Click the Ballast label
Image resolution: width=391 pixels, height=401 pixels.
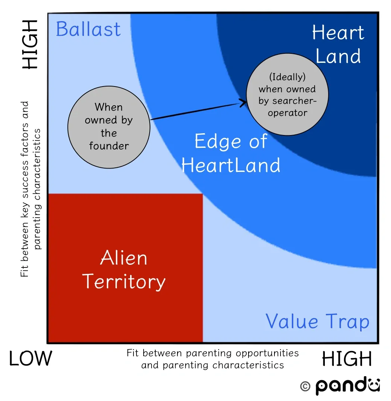coord(88,29)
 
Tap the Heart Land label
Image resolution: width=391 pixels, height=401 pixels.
coord(338,44)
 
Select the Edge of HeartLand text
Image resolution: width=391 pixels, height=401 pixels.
coord(231,153)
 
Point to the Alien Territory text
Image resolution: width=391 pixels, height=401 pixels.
coord(124,270)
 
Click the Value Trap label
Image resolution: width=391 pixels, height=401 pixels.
coord(317,322)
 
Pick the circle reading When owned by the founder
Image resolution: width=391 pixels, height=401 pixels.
coord(109,126)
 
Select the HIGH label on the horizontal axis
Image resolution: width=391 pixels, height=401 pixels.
coord(347,359)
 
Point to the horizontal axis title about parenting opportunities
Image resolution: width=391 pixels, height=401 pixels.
coord(212,359)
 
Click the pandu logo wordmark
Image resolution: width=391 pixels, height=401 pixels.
coord(347,386)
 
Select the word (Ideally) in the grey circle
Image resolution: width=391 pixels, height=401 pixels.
coord(287,77)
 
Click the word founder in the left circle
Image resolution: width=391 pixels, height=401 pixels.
coord(109,146)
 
